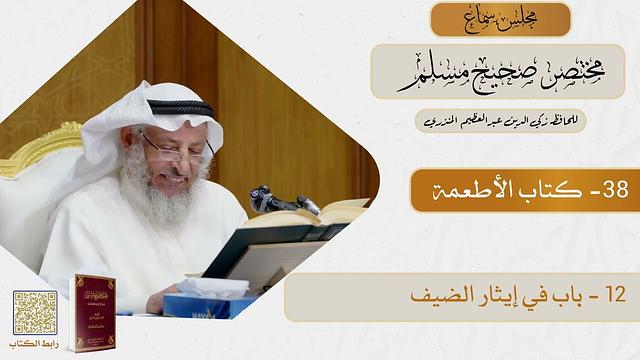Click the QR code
pos(35,311)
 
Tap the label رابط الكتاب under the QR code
pos(35,345)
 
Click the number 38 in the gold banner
pos(609,191)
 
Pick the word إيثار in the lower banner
pos(497,297)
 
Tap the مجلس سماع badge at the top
pos(500,19)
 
